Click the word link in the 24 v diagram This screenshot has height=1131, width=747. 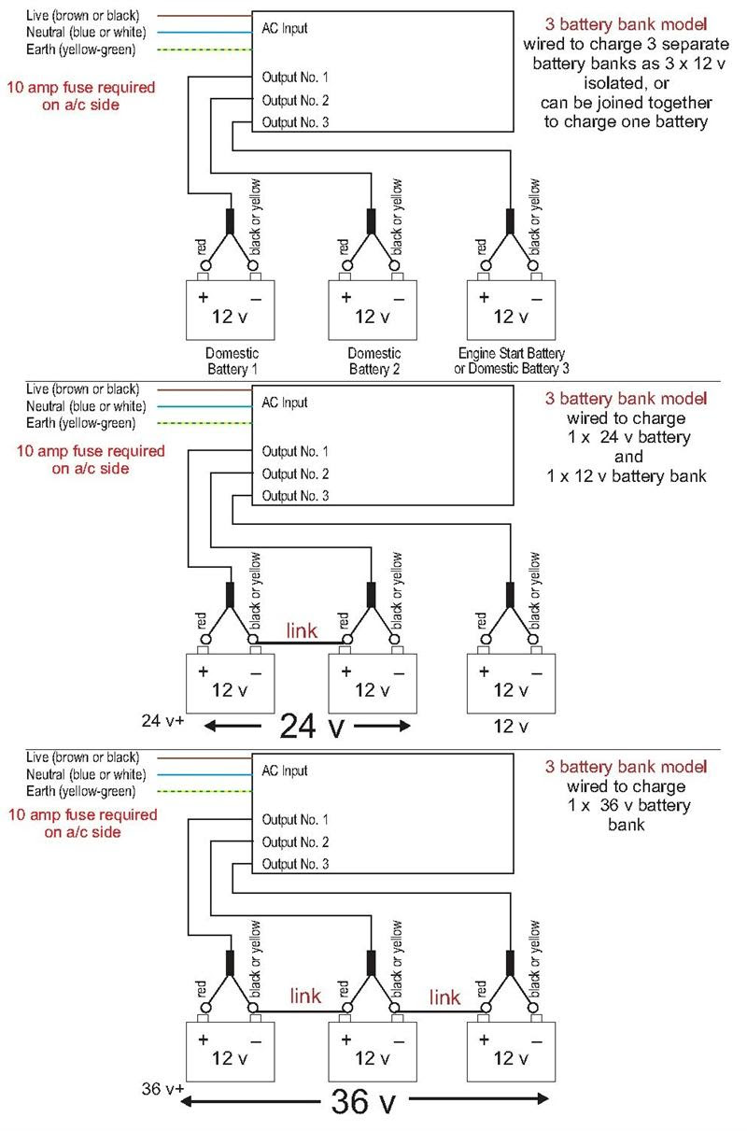(301, 631)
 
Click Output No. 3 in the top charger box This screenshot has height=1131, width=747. (295, 122)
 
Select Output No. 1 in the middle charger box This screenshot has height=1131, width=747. (295, 451)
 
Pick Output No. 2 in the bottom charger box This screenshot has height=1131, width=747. (295, 842)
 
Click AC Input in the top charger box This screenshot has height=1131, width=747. (285, 28)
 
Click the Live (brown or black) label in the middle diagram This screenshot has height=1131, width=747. (83, 389)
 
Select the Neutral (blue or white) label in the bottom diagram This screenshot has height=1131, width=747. (86, 775)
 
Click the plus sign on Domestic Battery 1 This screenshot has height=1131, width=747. (202, 297)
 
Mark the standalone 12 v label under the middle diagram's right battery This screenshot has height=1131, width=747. (511, 726)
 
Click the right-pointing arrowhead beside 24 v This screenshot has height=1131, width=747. (404, 726)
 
